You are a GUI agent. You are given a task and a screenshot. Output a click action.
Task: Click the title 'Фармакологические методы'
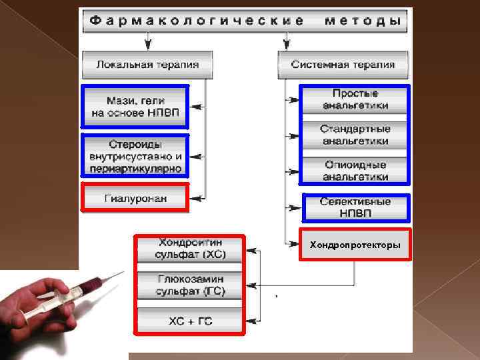pos(244,21)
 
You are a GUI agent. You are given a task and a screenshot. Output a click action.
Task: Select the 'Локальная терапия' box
pos(147,65)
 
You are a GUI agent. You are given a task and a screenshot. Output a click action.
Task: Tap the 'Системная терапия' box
pos(343,65)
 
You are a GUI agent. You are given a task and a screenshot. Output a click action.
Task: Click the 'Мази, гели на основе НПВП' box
pos(135,106)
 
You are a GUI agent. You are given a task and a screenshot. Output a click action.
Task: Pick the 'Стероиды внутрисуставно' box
pos(135,156)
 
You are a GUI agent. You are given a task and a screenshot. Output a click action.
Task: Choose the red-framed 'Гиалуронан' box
pos(135,198)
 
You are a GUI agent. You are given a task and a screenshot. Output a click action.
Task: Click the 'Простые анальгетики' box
pos(355,99)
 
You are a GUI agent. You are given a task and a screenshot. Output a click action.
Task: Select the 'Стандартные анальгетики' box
pos(355,135)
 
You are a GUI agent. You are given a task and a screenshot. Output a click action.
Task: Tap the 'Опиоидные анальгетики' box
pos(355,171)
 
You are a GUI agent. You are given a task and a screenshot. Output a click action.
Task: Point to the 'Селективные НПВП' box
pos(355,207)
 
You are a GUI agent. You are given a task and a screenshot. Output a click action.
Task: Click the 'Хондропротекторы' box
pos(355,245)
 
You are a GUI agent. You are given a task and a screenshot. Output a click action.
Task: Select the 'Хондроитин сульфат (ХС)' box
pos(190,248)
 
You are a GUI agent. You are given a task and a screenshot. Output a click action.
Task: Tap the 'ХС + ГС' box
pos(190,321)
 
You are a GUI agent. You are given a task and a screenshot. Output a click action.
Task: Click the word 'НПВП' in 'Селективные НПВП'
pos(355,213)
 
